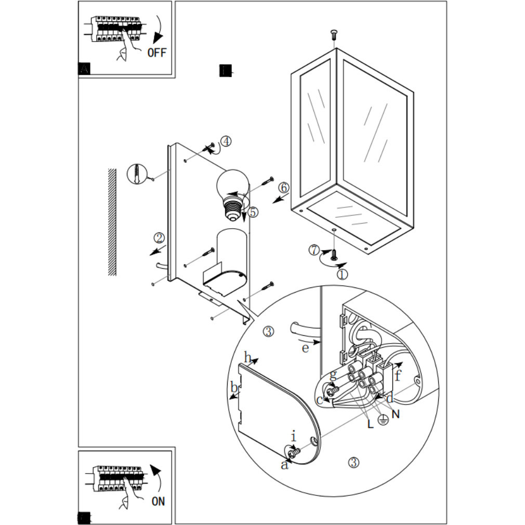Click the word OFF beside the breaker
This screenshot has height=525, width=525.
156,52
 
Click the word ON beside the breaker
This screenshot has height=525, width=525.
158,501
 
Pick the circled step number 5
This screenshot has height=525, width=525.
253,212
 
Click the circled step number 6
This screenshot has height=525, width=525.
283,187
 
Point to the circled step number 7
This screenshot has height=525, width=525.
313,250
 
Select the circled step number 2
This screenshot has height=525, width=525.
159,238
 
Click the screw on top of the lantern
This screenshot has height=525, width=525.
333,35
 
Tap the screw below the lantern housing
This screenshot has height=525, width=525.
334,255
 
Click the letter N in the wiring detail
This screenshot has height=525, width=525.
396,414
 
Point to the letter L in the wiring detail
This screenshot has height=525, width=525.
370,424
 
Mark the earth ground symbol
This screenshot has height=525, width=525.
383,420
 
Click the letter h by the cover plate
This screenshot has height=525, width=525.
248,358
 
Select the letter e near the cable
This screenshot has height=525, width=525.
305,348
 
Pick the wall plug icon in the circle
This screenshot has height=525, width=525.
136,173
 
